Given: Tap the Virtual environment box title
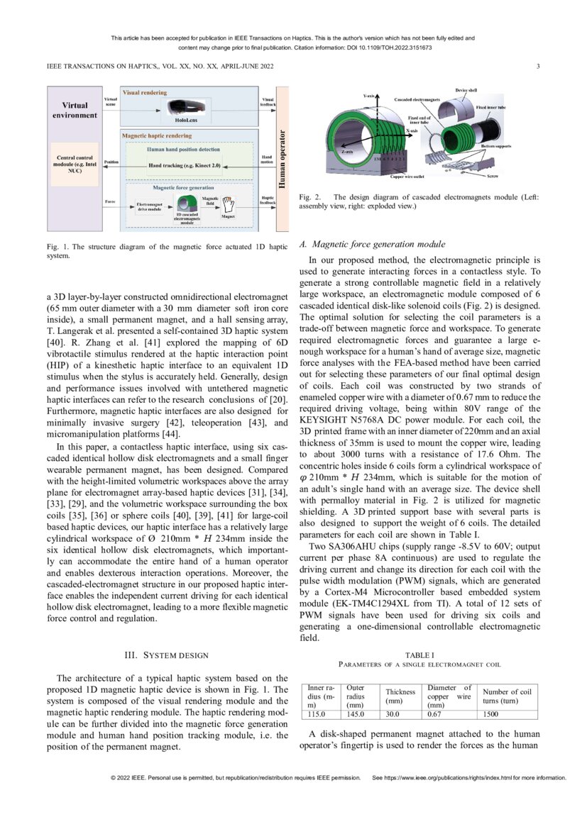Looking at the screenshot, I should (x=75, y=110).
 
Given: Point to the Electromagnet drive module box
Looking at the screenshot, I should (x=150, y=206).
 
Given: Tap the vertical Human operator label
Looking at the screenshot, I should (x=282, y=157).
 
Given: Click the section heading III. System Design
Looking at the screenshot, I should (x=167, y=655).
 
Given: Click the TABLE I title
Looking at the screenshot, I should (x=419, y=655).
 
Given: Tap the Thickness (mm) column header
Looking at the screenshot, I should (x=400, y=696).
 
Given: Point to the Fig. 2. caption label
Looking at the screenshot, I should (x=310, y=198).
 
